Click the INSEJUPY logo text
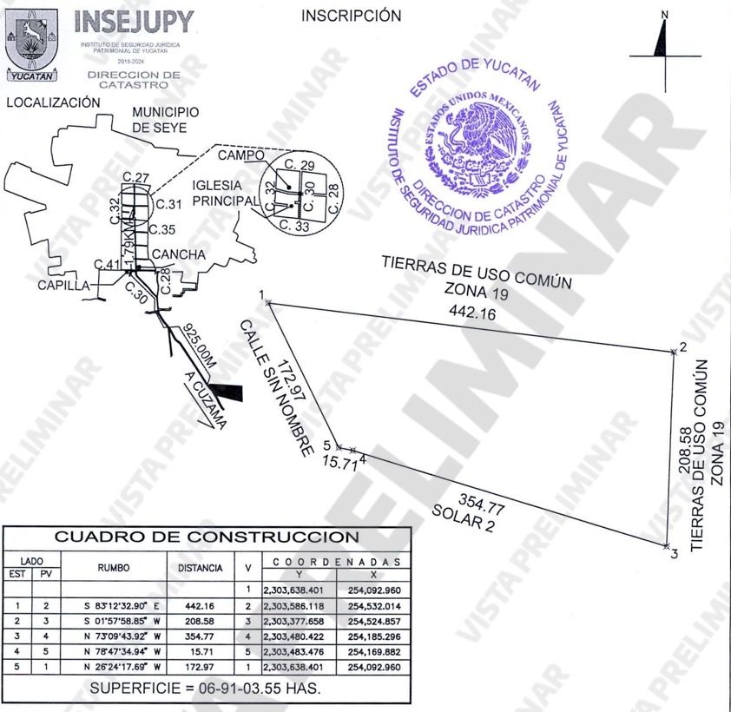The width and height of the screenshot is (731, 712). pos(135,23)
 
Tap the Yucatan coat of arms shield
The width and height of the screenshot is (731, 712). pos(32,39)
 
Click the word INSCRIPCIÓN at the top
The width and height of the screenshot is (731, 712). pos(352,16)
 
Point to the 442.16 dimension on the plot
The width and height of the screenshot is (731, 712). pos(471,313)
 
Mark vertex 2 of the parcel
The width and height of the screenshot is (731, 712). pos(673,351)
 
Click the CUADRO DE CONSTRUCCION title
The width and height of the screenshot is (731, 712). pos(207,537)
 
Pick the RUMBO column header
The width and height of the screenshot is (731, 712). pos(113,568)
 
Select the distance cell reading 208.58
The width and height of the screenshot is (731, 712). pos(201,622)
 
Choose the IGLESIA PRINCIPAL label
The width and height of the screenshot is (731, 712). pos(226,193)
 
